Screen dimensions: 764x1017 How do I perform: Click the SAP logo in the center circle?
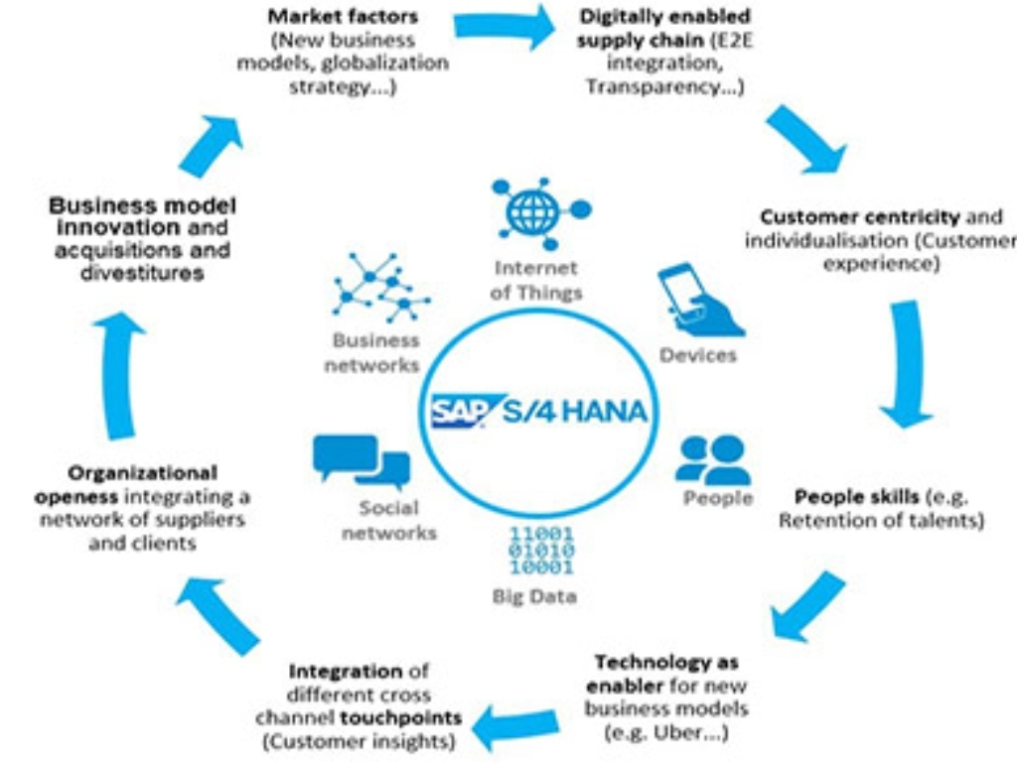457,410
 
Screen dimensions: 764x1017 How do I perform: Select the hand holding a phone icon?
699,302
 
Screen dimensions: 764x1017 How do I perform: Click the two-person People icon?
712,458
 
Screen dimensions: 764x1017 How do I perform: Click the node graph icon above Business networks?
380,288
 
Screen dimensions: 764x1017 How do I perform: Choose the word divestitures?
142,272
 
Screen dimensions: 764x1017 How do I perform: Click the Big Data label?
533,596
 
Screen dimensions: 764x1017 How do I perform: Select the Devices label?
698,354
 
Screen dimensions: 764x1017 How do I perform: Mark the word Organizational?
143,472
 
